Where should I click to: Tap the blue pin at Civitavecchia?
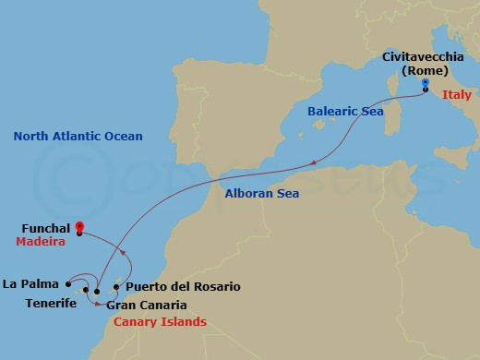click(x=426, y=84)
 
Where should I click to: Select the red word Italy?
click(x=456, y=95)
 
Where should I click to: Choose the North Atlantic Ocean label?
click(x=78, y=137)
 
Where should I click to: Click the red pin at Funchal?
click(x=79, y=226)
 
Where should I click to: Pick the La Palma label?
click(x=30, y=283)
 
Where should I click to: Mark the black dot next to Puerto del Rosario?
click(x=116, y=286)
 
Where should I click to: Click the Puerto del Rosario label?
click(x=183, y=287)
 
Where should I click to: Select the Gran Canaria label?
click(x=147, y=305)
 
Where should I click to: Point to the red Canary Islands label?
click(x=160, y=322)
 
